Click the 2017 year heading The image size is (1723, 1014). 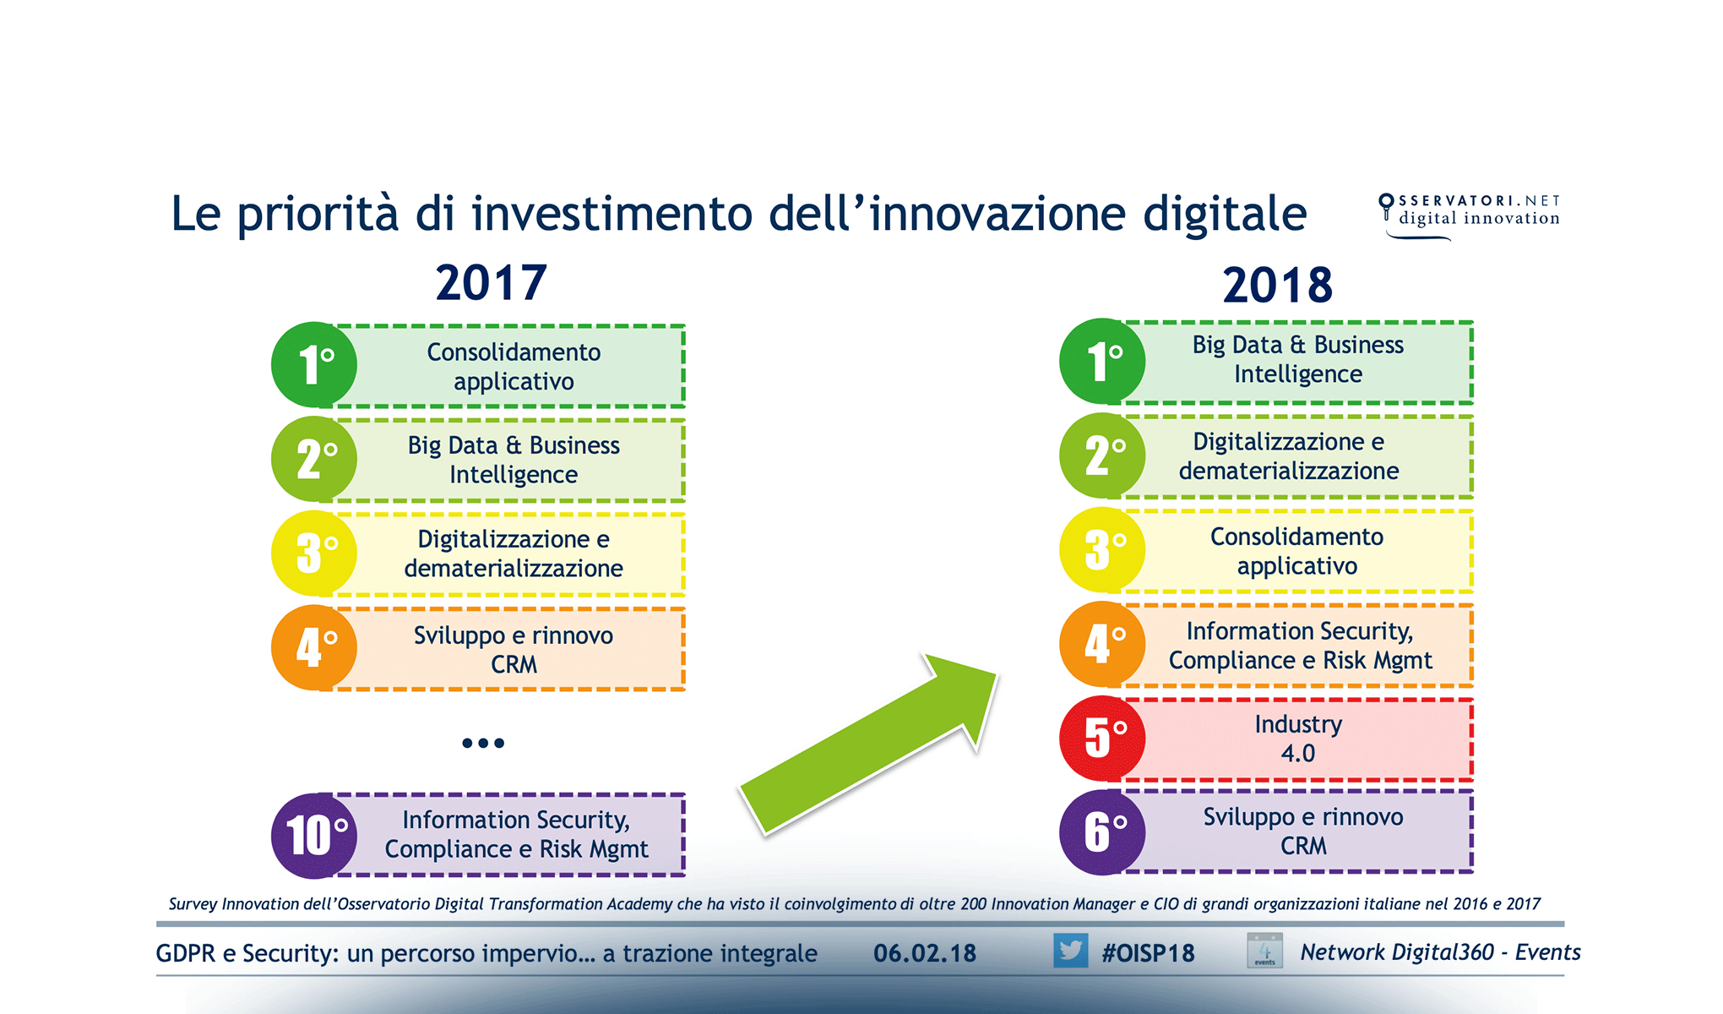coord(491,282)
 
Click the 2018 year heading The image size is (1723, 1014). coord(1277,285)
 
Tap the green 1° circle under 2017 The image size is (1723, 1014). coord(314,365)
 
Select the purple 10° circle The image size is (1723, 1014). coord(314,835)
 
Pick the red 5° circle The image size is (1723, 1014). coord(1102,738)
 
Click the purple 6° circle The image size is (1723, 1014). coord(1102,832)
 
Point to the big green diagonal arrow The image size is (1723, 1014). coord(870,744)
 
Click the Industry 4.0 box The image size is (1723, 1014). coord(1298,739)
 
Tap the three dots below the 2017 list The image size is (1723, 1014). coord(483,744)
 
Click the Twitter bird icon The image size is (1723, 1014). coord(1070,951)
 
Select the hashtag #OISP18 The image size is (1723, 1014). coord(1148,953)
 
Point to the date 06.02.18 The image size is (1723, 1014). coord(925,953)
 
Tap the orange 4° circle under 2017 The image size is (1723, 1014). coord(314,647)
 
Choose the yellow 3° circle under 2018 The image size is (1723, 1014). coord(1102,550)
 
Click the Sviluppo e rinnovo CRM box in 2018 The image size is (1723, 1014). coord(1302,831)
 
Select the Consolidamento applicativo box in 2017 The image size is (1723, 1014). coord(514,367)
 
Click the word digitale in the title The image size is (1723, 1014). coord(1225,214)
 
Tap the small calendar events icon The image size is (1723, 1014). coord(1264,951)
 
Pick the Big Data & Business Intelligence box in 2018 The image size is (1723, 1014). coord(1298,360)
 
